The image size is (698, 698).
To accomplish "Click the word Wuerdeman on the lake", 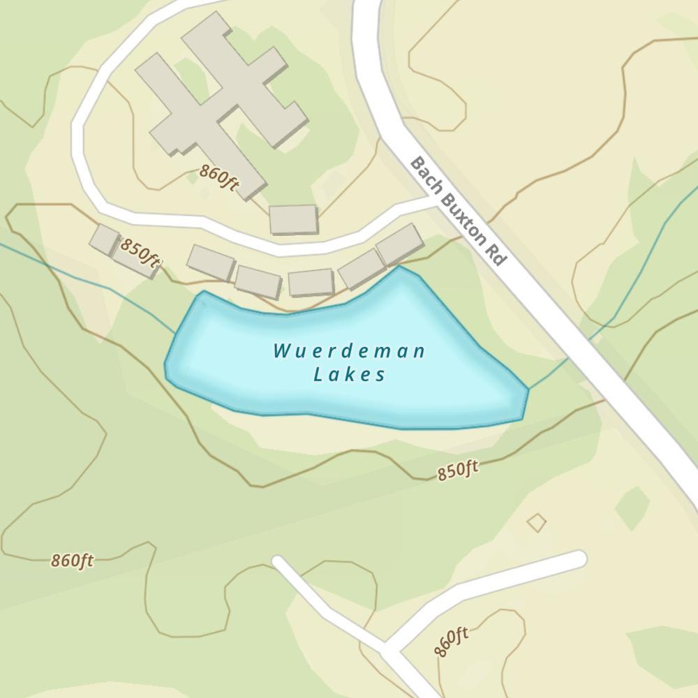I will (349, 350).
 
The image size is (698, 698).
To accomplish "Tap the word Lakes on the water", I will (349, 375).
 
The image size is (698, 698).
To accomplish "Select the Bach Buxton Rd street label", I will (457, 210).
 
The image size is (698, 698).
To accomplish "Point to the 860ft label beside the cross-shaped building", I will (219, 177).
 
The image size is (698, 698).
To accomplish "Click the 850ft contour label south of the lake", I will (458, 471).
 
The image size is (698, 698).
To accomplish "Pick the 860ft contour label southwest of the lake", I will (72, 560).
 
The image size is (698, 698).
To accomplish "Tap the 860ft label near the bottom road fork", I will (450, 641).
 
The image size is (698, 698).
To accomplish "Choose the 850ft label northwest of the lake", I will (140, 252).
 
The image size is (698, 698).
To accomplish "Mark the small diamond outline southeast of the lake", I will (536, 522).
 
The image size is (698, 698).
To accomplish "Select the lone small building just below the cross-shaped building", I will (294, 219).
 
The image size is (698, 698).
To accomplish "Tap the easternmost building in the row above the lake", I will (399, 244).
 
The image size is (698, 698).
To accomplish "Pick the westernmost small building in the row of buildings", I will (105, 239).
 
